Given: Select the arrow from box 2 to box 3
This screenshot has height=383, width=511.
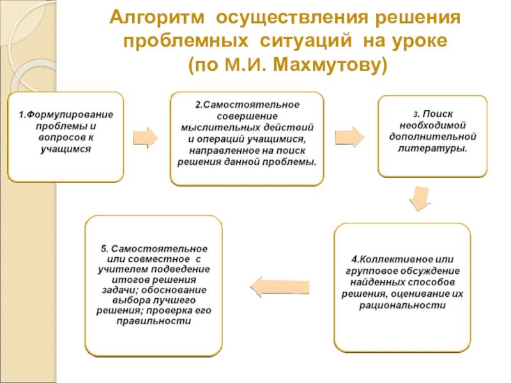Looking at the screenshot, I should [x=349, y=137].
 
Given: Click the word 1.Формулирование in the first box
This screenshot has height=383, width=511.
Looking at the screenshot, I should [x=65, y=115].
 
